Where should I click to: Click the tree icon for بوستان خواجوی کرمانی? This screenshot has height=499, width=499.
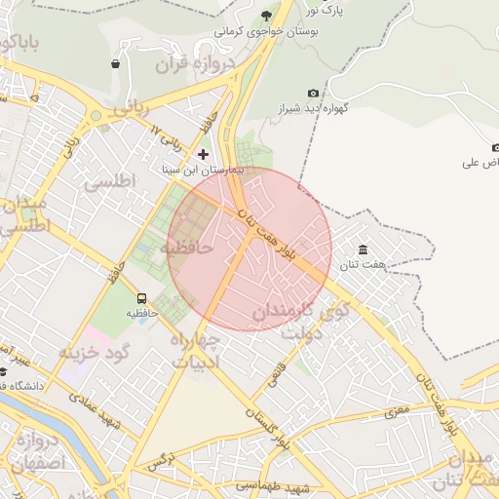267,15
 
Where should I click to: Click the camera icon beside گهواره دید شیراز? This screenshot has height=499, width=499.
313,94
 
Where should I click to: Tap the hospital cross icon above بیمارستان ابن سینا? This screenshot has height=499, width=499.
203,154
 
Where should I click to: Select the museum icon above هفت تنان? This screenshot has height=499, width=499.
363,250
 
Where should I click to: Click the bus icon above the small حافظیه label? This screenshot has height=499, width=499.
143,299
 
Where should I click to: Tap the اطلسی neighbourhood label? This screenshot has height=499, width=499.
109,182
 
